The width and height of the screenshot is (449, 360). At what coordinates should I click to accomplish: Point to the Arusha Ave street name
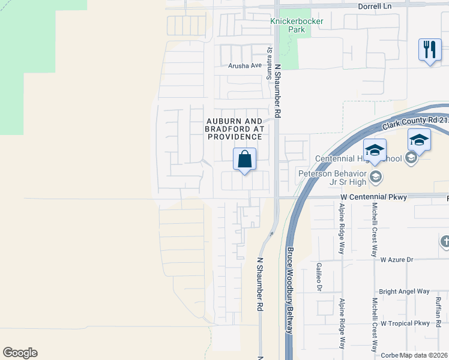click(245, 65)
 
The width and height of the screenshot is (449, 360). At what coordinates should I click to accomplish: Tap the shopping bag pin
click(244, 160)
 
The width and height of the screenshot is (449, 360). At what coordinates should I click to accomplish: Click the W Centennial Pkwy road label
click(373, 197)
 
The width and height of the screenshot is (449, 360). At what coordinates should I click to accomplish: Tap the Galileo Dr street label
click(319, 278)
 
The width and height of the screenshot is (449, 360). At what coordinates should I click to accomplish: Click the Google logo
click(20, 353)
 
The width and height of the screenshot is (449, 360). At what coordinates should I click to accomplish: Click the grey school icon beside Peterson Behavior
click(376, 176)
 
